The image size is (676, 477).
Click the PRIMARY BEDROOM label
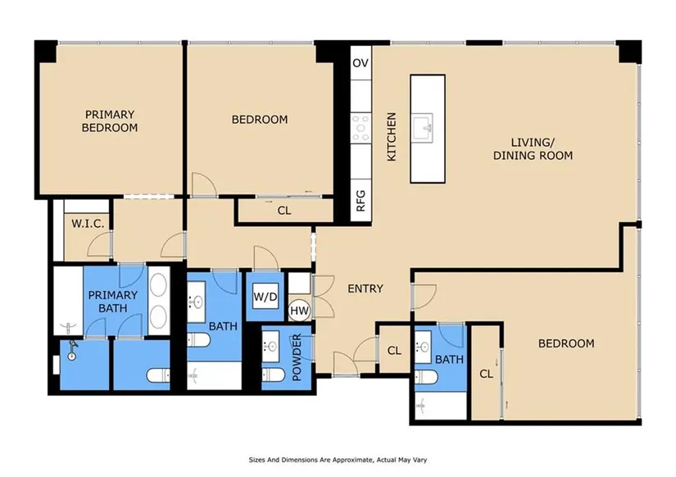[x=110, y=121]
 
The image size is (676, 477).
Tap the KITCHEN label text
[x=392, y=137]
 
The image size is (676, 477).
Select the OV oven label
[x=361, y=63]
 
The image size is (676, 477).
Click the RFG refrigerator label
[x=361, y=201]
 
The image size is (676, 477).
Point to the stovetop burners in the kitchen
[x=361, y=127]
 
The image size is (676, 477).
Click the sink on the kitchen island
[x=423, y=128]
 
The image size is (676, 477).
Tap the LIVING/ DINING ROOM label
[x=533, y=149]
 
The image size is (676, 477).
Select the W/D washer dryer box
[x=265, y=297]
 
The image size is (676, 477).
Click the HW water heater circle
[x=299, y=311]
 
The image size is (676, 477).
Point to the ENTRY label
[x=365, y=288]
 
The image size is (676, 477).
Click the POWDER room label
[x=297, y=357]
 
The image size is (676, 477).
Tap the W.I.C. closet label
[x=88, y=224]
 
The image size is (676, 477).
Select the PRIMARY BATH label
[x=113, y=302]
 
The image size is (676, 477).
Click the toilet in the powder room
[x=273, y=375]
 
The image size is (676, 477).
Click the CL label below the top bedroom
[x=284, y=211]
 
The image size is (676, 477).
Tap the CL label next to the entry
[x=394, y=351]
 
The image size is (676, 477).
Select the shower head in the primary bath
[x=71, y=350]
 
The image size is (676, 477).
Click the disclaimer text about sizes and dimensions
[x=338, y=460]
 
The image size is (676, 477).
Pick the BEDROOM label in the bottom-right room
[x=566, y=343]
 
